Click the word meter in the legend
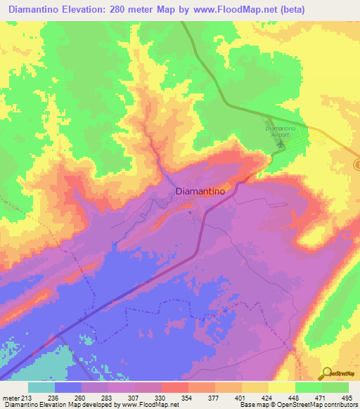(11, 397)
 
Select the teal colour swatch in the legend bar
(41, 387)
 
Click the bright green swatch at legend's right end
(335, 387)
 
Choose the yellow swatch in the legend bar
(282, 387)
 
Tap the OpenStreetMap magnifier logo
(326, 372)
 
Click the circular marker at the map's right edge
(357, 164)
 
